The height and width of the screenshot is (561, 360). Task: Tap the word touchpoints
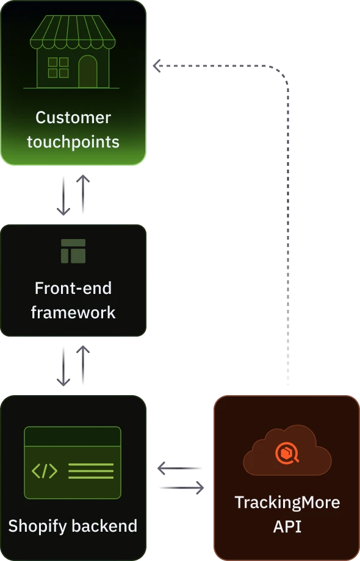[73, 142]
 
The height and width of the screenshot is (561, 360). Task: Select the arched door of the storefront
[88, 71]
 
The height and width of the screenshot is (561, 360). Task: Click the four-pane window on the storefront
[58, 68]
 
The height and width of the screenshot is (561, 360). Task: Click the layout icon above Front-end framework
[73, 251]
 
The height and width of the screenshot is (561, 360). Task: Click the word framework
[73, 313]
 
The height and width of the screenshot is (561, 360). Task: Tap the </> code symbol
[45, 471]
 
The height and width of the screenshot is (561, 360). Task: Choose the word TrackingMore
[287, 502]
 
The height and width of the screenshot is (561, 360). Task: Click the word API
[287, 526]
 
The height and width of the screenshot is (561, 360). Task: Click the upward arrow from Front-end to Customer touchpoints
[83, 193]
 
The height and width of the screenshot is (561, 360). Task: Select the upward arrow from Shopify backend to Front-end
[83, 363]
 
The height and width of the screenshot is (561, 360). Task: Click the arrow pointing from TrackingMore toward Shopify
[179, 468]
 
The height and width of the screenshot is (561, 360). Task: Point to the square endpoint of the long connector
[156, 66]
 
